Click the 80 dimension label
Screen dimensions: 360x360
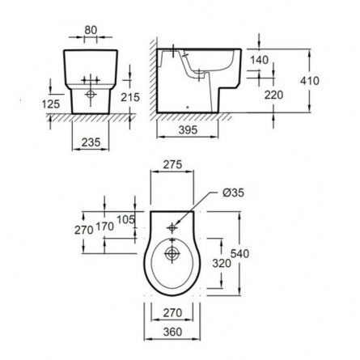click(x=91, y=30)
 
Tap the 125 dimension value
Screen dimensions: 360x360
click(x=51, y=104)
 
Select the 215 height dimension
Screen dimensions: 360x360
click(x=130, y=97)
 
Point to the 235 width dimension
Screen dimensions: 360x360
click(x=91, y=142)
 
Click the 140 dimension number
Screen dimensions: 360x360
click(x=260, y=60)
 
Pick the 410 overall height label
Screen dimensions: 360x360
click(x=310, y=81)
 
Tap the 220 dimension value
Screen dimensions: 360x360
click(x=273, y=95)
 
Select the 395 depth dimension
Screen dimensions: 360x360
click(x=188, y=130)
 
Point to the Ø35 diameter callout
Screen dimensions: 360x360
click(x=233, y=193)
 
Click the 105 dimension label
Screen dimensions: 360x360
click(x=125, y=220)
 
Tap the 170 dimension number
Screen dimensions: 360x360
click(x=105, y=227)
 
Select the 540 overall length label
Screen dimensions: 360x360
click(x=239, y=254)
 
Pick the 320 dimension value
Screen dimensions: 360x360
click(x=222, y=263)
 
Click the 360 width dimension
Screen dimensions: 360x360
click(x=172, y=332)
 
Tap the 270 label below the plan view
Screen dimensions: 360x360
click(x=172, y=313)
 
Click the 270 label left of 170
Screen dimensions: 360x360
click(x=84, y=230)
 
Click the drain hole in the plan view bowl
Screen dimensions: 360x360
click(x=172, y=253)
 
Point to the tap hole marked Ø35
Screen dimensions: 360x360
click(x=172, y=228)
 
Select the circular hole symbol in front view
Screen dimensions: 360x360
click(x=91, y=95)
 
